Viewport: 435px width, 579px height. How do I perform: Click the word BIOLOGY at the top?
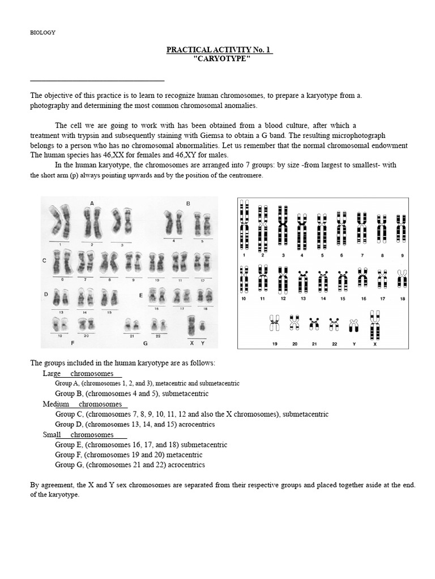pyautogui.click(x=42, y=32)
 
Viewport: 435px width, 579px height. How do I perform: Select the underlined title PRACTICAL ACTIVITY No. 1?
pyautogui.click(x=220, y=50)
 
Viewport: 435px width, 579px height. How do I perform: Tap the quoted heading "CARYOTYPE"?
pyautogui.click(x=221, y=59)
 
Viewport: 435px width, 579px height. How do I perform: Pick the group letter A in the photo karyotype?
pyautogui.click(x=91, y=203)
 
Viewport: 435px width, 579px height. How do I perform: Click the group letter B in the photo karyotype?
pyautogui.click(x=187, y=203)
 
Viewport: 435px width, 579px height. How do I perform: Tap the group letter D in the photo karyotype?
pyautogui.click(x=45, y=294)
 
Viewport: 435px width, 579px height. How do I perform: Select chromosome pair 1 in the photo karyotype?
pyautogui.click(x=59, y=222)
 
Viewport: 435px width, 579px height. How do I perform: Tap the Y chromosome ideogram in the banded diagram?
pyautogui.click(x=353, y=325)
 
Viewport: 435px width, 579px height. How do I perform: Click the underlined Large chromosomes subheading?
pyautogui.click(x=82, y=374)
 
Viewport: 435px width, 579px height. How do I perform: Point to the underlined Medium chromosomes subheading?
pyautogui.click(x=85, y=404)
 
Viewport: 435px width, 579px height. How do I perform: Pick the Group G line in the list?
pyautogui.click(x=130, y=465)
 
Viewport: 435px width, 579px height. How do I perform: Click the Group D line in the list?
pyautogui.click(x=135, y=425)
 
